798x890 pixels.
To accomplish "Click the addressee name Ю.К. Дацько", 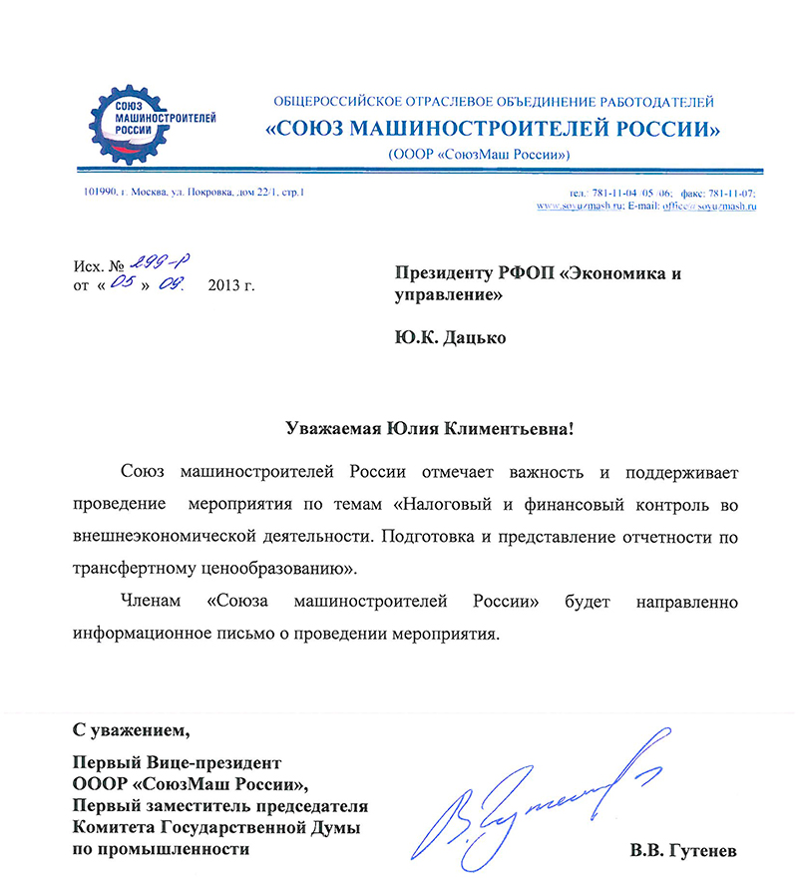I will tap(450, 337).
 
